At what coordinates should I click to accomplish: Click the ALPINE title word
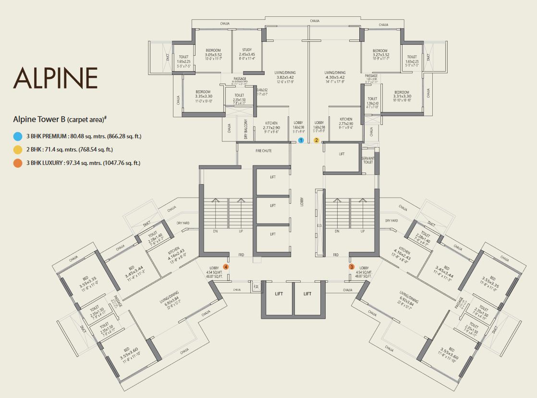coord(56,78)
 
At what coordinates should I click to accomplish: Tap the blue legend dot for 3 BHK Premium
coord(18,136)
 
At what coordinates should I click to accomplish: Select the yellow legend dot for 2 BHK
coord(18,149)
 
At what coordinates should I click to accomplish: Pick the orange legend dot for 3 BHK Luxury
coord(18,163)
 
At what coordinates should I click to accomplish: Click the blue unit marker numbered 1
coord(301,140)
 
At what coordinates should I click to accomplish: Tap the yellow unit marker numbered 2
coord(317,140)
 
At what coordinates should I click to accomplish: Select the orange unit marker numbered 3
coord(352,267)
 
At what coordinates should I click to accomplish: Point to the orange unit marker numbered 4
coord(225,267)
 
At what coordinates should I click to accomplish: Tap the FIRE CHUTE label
coord(263,151)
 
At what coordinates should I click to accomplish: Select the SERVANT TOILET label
coord(368,160)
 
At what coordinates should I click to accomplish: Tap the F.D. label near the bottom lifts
coord(256,288)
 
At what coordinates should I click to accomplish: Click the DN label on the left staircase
coord(216,231)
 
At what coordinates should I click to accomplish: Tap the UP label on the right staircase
coord(362,231)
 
